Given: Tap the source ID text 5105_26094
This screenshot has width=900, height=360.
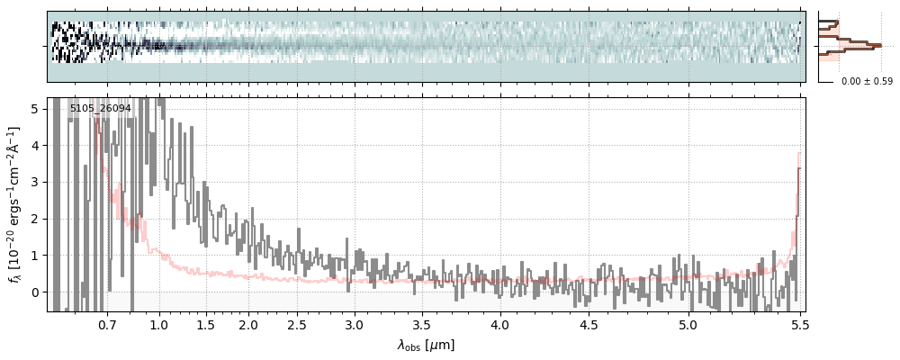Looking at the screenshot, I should pos(100,109).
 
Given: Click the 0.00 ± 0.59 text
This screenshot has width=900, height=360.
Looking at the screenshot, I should pos(867,82).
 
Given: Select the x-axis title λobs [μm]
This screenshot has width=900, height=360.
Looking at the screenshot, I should pos(426,345).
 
